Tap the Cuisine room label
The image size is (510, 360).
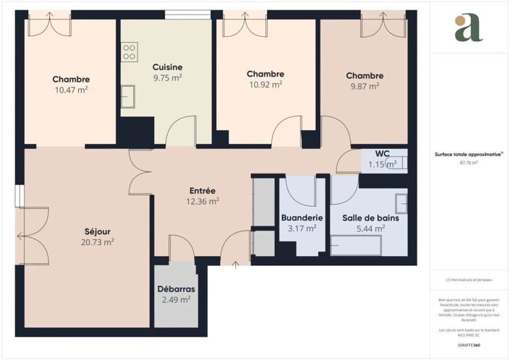(167, 67)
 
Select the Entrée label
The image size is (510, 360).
(202, 190)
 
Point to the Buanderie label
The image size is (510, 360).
(302, 218)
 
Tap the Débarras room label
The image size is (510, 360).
(175, 289)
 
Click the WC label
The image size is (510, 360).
(382, 153)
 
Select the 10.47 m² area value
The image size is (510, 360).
(71, 90)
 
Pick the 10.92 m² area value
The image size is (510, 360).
(264, 85)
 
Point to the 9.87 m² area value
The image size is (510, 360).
(364, 86)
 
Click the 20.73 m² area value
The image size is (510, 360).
(98, 242)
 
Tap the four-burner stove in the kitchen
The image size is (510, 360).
(129, 51)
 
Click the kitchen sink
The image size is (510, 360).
(128, 95)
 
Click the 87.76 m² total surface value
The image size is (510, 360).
(469, 163)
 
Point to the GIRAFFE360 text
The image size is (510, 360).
(469, 345)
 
